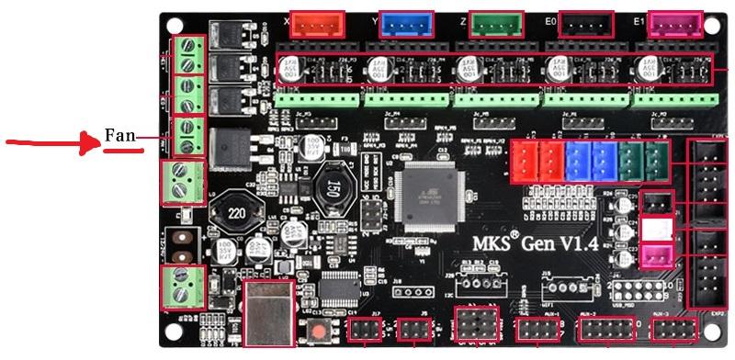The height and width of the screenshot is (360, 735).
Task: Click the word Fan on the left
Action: [x=119, y=136]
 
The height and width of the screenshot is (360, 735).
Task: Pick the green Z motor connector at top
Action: [x=496, y=24]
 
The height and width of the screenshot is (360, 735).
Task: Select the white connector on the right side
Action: [x=657, y=229]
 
